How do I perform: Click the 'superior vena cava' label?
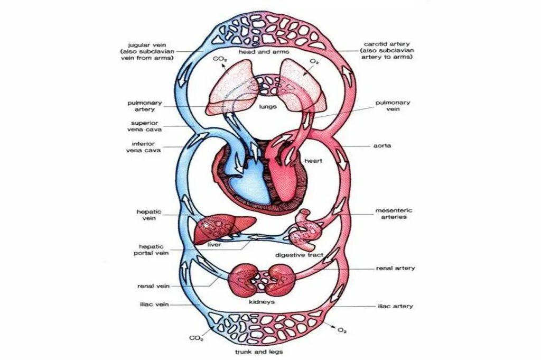144,126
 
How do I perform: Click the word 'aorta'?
382,145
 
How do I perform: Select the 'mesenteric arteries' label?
393,214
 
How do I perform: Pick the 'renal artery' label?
395,268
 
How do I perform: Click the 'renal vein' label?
153,286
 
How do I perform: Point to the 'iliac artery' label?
395,306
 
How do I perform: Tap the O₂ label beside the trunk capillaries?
342,330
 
